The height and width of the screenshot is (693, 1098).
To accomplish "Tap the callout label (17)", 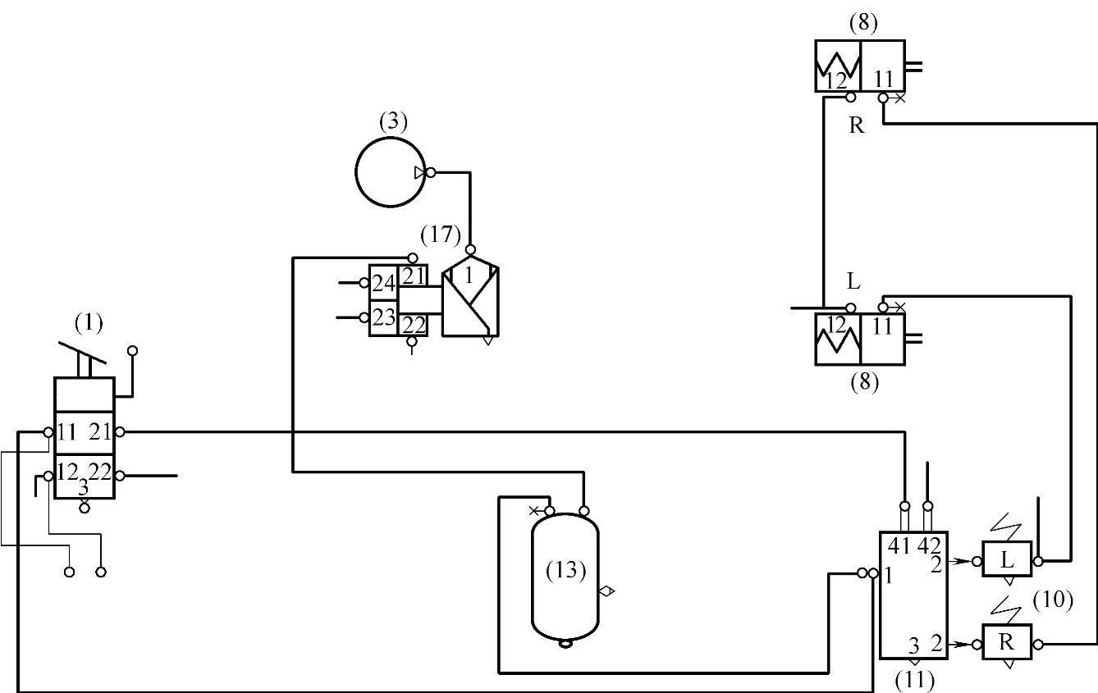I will pos(441,235).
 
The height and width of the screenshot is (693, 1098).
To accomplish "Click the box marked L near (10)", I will pos(1007,560).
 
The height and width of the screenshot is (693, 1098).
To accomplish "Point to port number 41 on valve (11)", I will pos(900,545).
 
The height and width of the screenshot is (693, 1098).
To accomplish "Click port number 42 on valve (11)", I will pos(930,545).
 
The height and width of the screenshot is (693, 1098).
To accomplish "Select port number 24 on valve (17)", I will pos(383,283).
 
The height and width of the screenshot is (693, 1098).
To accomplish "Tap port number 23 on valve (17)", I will pos(383,317).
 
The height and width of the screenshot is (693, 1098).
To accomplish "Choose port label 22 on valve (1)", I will pos(99,472).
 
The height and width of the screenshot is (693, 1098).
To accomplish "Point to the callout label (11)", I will pos(914,679).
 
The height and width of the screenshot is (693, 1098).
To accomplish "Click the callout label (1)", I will pos(89,323).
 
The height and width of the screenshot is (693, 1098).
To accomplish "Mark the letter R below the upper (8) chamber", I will pos(857,127).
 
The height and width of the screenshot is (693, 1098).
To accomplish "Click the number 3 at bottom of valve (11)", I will pos(912,645).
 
